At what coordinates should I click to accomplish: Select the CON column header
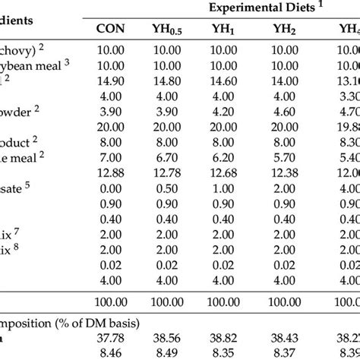pos(110,29)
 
